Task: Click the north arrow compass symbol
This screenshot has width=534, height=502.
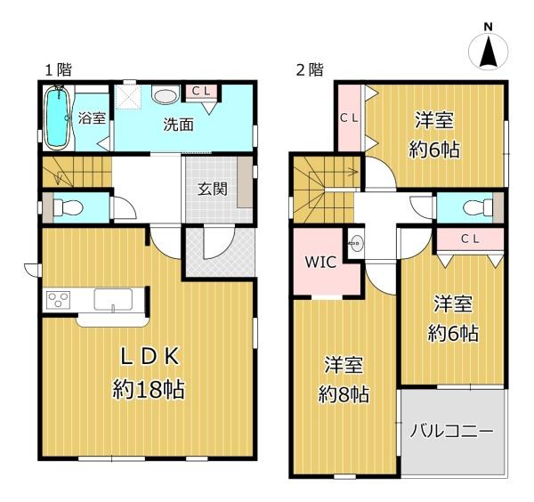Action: (x=489, y=51)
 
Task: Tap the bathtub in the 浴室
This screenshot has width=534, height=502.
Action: (x=58, y=117)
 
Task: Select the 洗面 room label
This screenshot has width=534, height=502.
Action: (x=179, y=125)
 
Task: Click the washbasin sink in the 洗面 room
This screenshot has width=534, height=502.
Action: (x=166, y=94)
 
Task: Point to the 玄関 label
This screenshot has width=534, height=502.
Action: (x=213, y=189)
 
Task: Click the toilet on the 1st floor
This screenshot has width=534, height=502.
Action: (x=68, y=207)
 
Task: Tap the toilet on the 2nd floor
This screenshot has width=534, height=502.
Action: (x=478, y=207)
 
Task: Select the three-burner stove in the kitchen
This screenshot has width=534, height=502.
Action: (x=58, y=300)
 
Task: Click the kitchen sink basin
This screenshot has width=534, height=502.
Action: (x=113, y=300)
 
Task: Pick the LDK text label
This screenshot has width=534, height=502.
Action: (x=150, y=357)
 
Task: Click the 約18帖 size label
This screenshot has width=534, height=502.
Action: (x=149, y=389)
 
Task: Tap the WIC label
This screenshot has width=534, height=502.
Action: (x=320, y=262)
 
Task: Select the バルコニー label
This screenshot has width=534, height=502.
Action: (x=451, y=432)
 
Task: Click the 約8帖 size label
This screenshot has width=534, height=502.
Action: (x=344, y=394)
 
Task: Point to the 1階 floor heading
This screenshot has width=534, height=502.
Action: (x=59, y=70)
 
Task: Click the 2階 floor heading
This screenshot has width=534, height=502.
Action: (x=310, y=70)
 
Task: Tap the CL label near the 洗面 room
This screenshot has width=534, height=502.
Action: (x=200, y=91)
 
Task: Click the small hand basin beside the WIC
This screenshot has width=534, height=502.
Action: (x=357, y=243)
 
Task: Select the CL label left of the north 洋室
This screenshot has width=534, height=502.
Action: (x=350, y=118)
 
